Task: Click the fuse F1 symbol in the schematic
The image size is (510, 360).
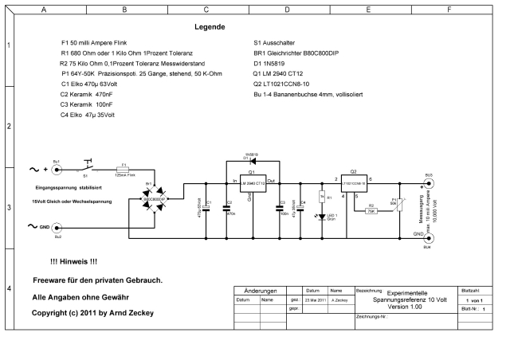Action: pos(123,169)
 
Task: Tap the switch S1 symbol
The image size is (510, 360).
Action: pos(87,166)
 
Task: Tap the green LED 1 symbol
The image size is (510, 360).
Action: pos(320,216)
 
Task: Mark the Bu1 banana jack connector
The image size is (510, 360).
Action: pos(57,169)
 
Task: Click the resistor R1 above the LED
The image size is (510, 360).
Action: pos(320,196)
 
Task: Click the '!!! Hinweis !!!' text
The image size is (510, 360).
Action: pos(73,261)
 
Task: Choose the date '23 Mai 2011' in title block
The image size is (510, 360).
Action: pos(313,300)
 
